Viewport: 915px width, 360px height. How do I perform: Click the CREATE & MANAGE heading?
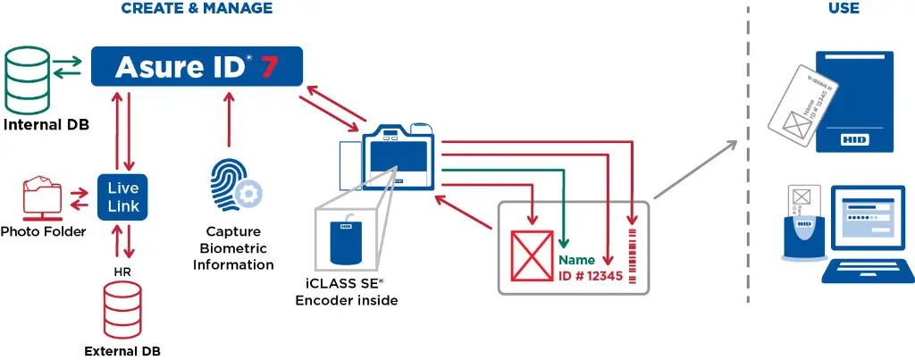(x=196, y=9)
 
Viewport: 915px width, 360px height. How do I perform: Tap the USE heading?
(x=844, y=9)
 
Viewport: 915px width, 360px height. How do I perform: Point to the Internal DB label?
(x=46, y=125)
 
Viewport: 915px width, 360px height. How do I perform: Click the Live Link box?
(x=123, y=197)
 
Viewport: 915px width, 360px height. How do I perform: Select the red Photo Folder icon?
(x=43, y=198)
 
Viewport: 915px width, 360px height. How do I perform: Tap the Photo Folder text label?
(x=43, y=232)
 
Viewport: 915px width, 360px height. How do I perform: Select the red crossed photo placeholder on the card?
(x=533, y=256)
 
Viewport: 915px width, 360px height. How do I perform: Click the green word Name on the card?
(x=576, y=260)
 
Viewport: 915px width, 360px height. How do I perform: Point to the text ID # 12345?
(x=590, y=276)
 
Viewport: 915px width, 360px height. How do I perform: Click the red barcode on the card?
(x=634, y=255)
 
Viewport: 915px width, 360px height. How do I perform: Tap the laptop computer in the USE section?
(x=862, y=232)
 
